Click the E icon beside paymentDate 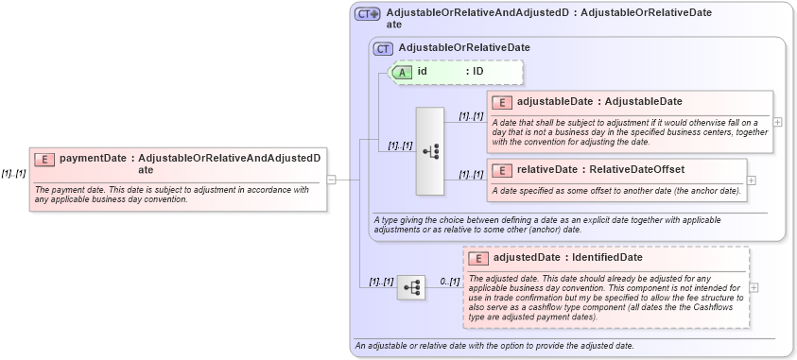point(44,159)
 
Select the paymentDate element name point(93,159)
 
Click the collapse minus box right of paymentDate point(331,179)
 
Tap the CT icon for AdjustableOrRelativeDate point(384,47)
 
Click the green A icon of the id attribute point(402,72)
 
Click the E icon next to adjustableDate point(502,102)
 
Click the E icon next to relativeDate point(502,170)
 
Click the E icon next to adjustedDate point(479,258)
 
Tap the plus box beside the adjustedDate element point(754,287)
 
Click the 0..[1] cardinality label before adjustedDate point(449,282)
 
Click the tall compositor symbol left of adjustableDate point(429,151)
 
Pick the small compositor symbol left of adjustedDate point(411,287)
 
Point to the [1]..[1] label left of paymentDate point(13,173)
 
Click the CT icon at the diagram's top point(367,13)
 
